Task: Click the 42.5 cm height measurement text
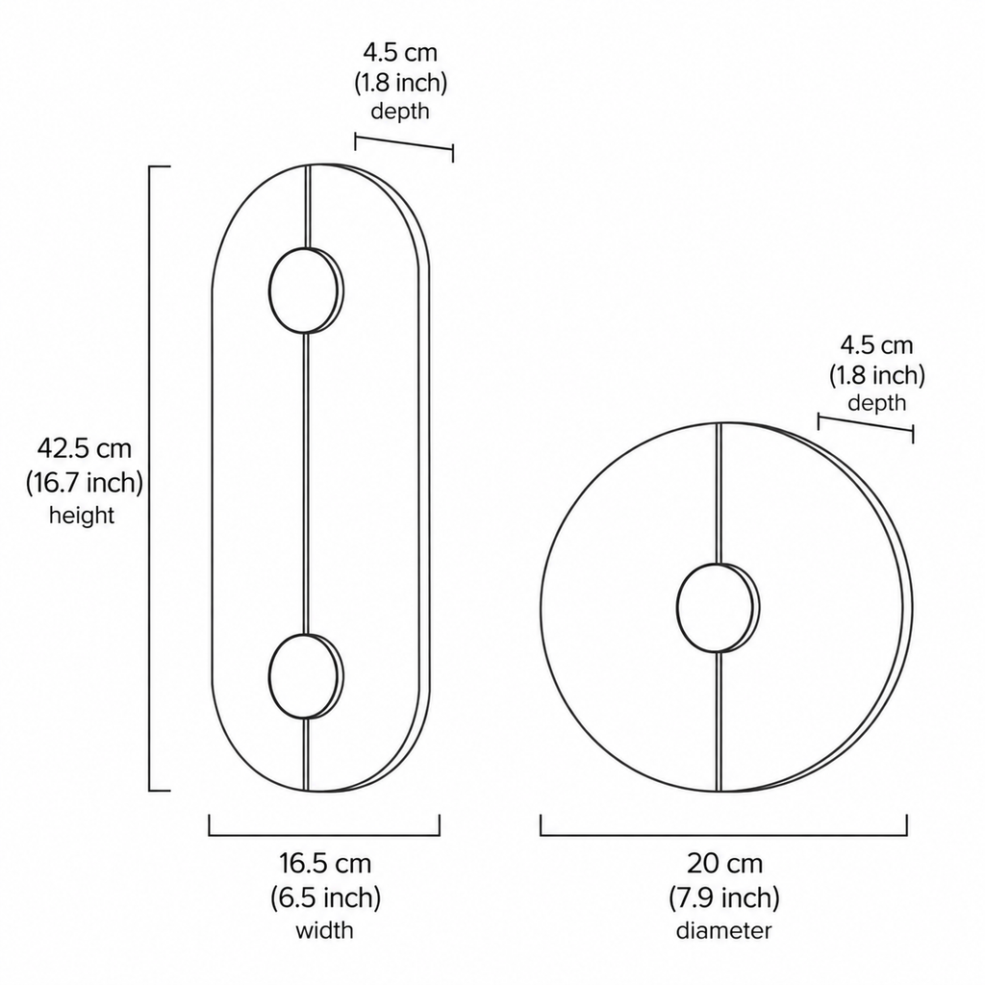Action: pos(85,449)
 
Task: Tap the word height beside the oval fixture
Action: pos(82,516)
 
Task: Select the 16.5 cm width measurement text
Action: pos(325,863)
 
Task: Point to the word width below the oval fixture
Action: pos(325,930)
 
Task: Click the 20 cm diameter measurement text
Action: pos(724,863)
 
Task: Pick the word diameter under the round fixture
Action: pos(723,930)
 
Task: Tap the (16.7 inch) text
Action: pos(85,483)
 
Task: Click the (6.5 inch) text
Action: pos(325,897)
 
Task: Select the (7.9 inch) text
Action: pos(724,897)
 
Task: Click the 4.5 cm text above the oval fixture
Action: pos(400,52)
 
